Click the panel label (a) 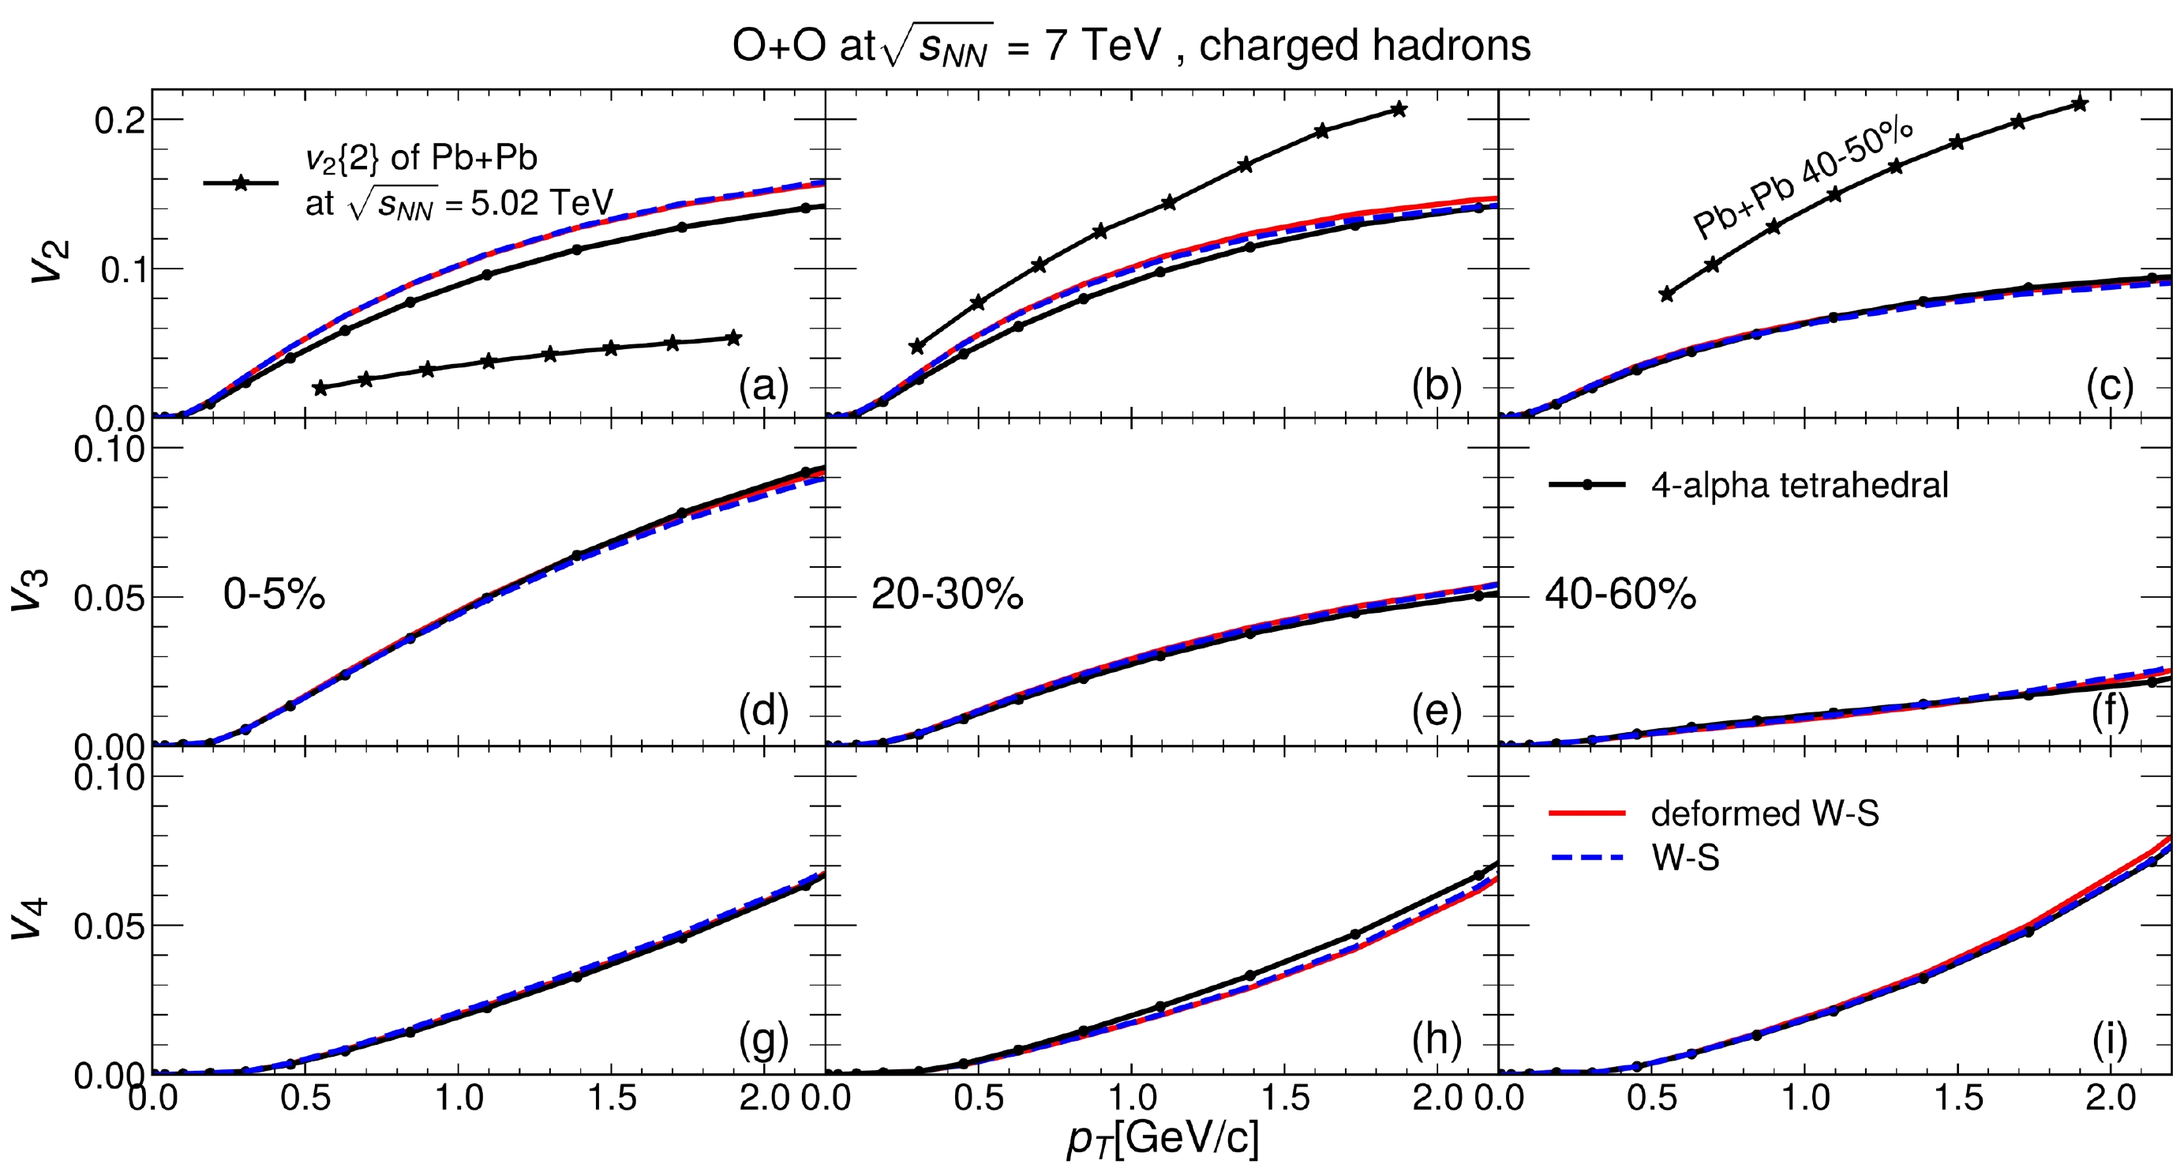pos(763,387)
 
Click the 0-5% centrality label pos(274,594)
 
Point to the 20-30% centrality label pos(947,595)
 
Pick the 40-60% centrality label pos(1620,595)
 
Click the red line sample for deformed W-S pos(1586,813)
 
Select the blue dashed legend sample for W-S pos(1586,858)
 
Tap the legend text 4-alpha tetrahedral pos(1799,485)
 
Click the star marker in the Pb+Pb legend pos(241,182)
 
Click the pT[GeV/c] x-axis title pos(1163,1138)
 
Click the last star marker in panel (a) pos(734,338)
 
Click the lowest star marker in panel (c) pos(1667,295)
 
